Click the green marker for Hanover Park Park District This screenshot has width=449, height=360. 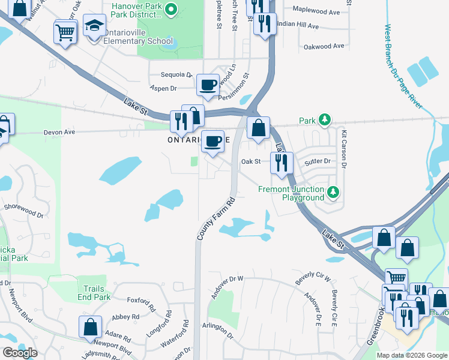(x=170, y=8)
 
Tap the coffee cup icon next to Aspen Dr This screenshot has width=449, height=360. (x=208, y=85)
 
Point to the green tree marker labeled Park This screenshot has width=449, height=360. (x=325, y=120)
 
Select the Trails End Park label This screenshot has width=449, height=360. (x=94, y=293)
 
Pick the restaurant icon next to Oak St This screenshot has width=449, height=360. (x=280, y=162)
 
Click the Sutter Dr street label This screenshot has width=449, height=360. (x=319, y=161)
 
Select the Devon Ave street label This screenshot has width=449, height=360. (x=59, y=132)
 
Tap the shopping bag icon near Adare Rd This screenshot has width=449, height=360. (x=90, y=328)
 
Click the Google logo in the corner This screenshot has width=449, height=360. (x=20, y=353)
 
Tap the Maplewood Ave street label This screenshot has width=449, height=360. (x=316, y=11)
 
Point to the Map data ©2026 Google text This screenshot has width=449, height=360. (x=412, y=355)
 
